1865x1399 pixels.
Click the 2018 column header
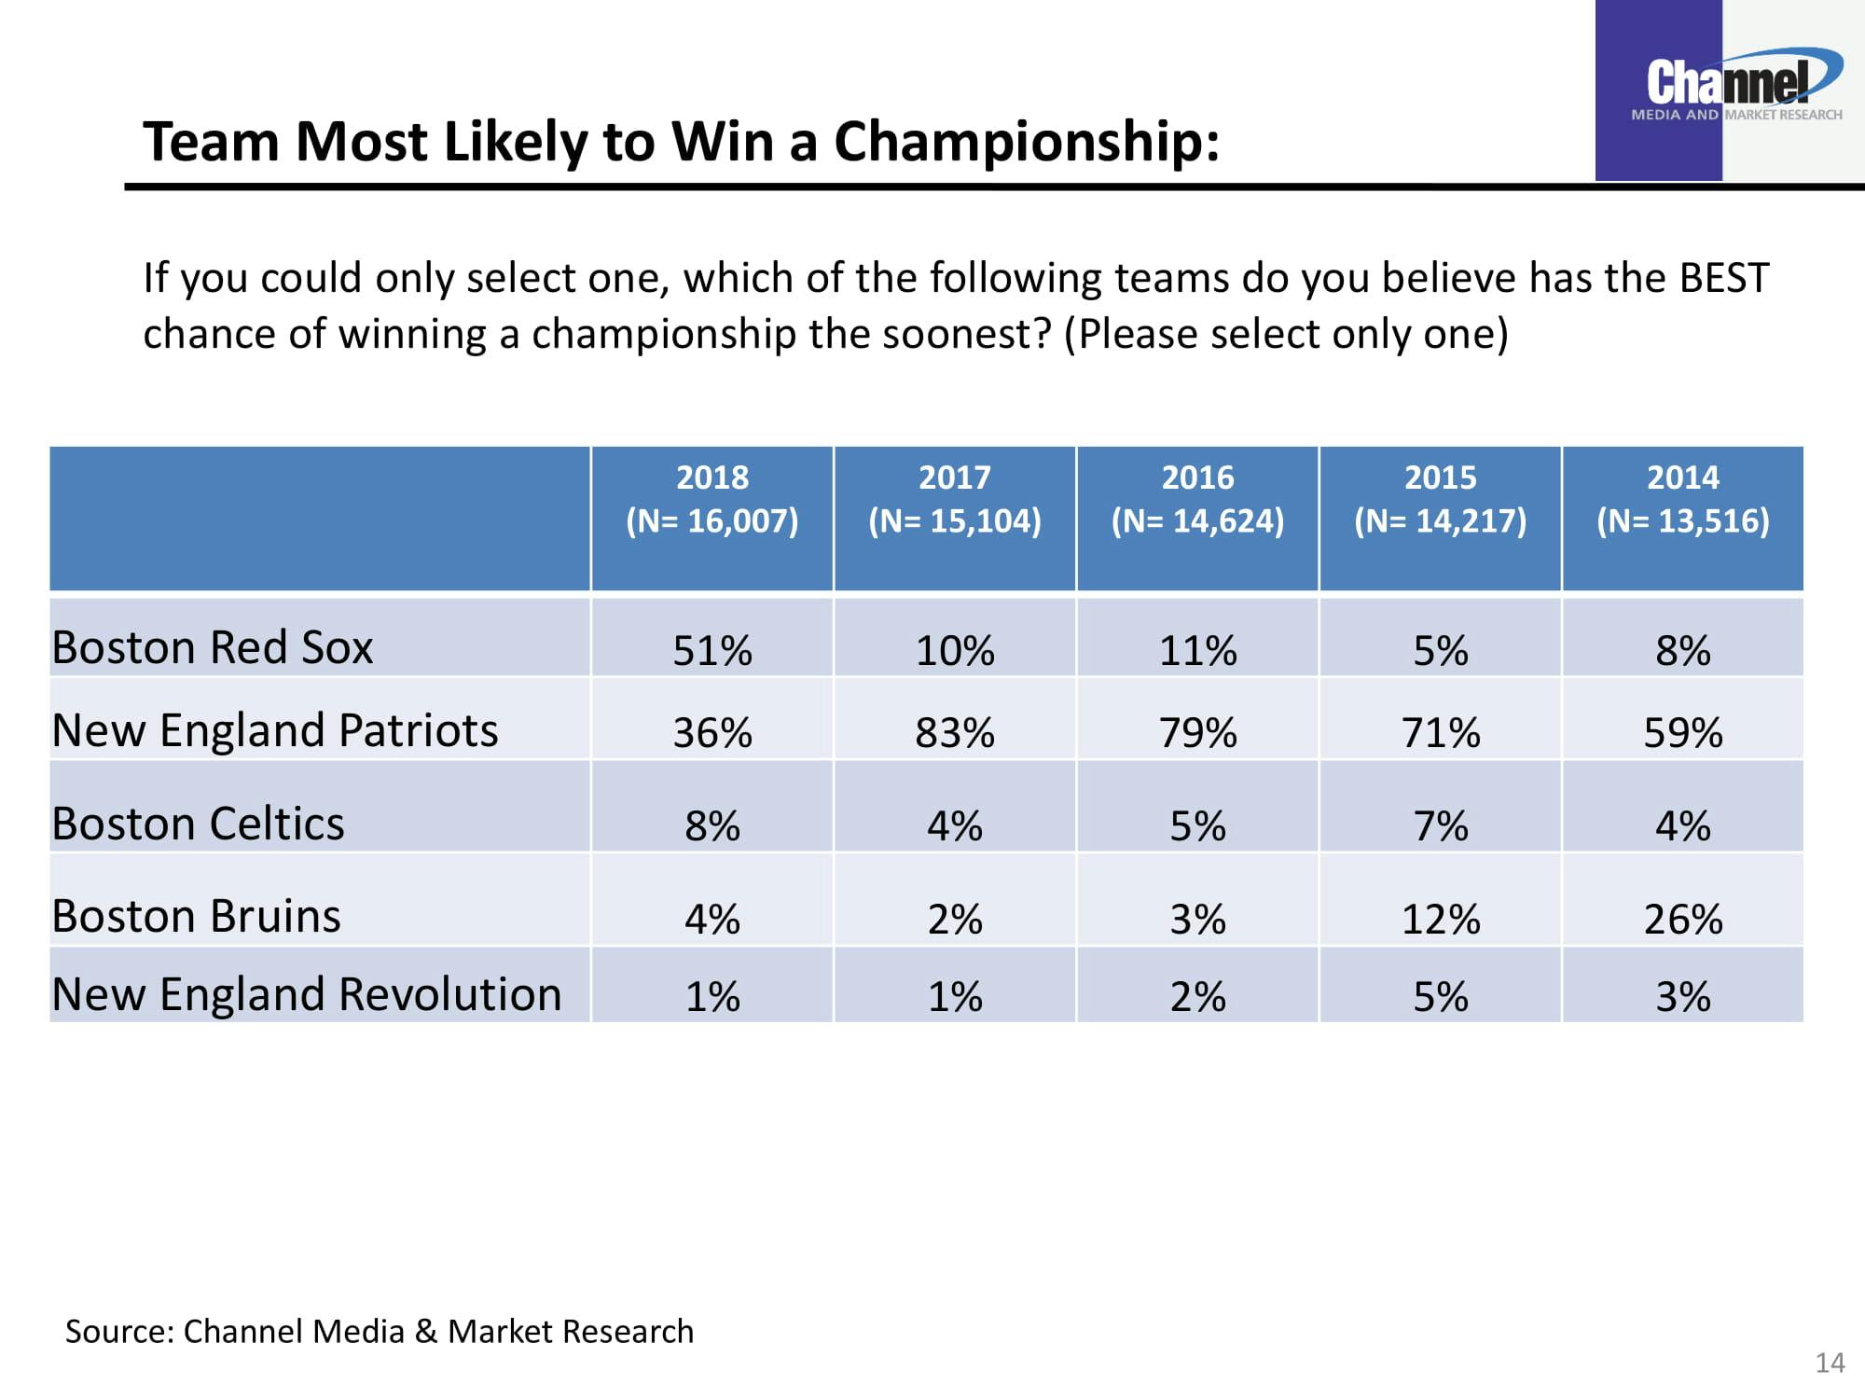click(712, 499)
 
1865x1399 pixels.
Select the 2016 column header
click(1197, 499)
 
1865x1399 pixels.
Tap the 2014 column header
click(1682, 499)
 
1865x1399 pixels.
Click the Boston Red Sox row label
click(213, 647)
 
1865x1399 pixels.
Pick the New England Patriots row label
click(275, 730)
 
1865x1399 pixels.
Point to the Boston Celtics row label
click(198, 824)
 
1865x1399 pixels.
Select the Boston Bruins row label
click(197, 916)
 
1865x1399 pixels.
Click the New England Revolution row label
click(307, 994)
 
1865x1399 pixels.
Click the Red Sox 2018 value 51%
click(712, 650)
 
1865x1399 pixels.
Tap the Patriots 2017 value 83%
click(955, 733)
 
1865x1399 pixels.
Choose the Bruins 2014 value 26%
click(1682, 920)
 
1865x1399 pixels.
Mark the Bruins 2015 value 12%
click(1440, 920)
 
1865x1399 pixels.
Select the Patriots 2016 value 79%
click(1197, 733)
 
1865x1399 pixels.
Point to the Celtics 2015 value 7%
click(1440, 826)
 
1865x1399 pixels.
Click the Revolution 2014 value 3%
click(1682, 997)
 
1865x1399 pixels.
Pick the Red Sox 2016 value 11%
click(1197, 650)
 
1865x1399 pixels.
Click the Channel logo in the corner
click(1730, 89)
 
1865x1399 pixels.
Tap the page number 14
click(1830, 1364)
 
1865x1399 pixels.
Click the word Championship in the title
click(1026, 142)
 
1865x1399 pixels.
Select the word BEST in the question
click(1723, 278)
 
